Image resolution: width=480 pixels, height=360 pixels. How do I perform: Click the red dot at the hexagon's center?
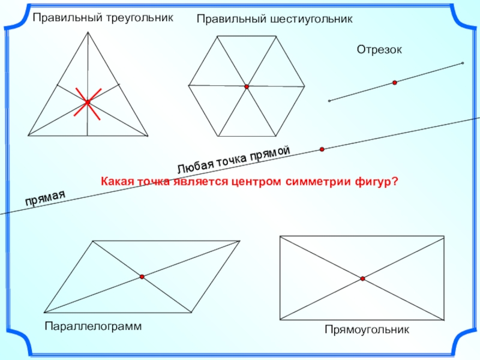247,87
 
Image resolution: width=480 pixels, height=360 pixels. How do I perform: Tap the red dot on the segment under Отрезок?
395,83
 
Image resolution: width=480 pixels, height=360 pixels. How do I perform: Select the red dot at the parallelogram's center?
142,277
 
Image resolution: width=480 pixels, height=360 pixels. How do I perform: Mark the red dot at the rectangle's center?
363,278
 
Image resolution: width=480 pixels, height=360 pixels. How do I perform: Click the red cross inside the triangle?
88,102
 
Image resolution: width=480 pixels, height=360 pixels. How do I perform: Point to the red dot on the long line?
322,149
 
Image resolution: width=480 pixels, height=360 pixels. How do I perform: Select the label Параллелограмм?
93,326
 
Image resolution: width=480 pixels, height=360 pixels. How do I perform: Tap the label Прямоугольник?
367,329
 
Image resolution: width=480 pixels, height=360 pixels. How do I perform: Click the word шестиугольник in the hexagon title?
310,19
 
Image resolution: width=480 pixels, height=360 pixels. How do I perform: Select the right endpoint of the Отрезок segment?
463,63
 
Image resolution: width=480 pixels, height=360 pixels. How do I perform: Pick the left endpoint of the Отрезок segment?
329,101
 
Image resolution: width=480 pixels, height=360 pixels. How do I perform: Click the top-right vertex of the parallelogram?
240,241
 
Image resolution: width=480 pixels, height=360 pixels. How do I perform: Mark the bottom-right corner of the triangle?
148,135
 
